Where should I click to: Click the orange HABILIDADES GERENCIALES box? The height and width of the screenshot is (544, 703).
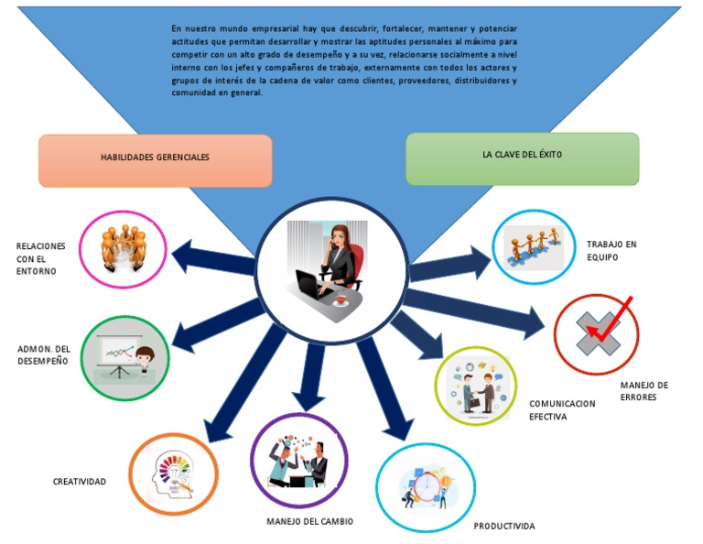pos(155,159)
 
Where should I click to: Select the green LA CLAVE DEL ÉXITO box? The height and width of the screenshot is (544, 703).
pos(522,157)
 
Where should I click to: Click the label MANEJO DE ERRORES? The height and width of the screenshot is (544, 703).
pos(644,391)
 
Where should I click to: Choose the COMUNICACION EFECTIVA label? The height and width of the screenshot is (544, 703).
pos(561,409)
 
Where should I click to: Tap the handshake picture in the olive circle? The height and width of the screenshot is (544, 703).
pos(475,387)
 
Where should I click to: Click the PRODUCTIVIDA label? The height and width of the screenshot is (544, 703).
pos(503,527)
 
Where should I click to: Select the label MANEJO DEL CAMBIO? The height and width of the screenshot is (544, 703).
pos(309,522)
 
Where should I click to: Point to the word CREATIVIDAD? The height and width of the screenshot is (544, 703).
pos(79,482)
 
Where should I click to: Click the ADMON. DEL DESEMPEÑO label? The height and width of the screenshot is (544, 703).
pos(43,355)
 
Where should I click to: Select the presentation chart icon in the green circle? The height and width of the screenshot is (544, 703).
pos(124,357)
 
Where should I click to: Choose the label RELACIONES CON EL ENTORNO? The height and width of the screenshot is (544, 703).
pos(40,258)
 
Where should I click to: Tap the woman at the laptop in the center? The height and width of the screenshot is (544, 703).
pos(330,265)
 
